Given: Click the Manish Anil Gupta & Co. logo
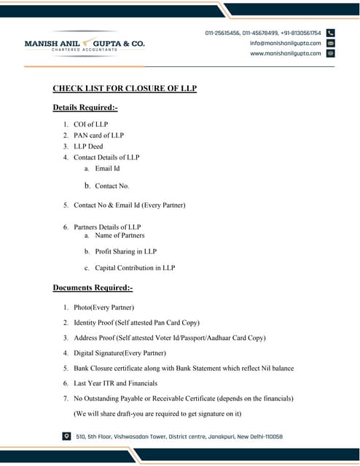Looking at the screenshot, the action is click(x=85, y=44).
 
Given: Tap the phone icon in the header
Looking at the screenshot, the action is click(x=330, y=33).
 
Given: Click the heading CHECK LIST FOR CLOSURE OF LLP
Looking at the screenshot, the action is click(x=125, y=89).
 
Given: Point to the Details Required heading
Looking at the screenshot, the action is click(x=85, y=108).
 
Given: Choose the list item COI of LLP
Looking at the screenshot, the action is click(x=90, y=125).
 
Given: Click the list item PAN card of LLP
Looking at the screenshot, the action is click(x=98, y=135).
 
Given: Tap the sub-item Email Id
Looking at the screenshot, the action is click(x=107, y=168).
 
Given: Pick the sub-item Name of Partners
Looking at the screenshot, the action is click(x=120, y=235).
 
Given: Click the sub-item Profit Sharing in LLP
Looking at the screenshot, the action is click(x=125, y=251).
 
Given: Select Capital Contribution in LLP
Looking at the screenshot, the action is click(x=135, y=268).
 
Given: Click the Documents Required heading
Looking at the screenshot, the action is click(x=93, y=288).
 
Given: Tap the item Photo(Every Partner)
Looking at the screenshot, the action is click(x=103, y=307).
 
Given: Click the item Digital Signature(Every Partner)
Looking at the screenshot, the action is click(x=120, y=353).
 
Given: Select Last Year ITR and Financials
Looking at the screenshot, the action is click(x=115, y=383).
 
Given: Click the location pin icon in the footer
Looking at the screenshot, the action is click(x=67, y=436).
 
